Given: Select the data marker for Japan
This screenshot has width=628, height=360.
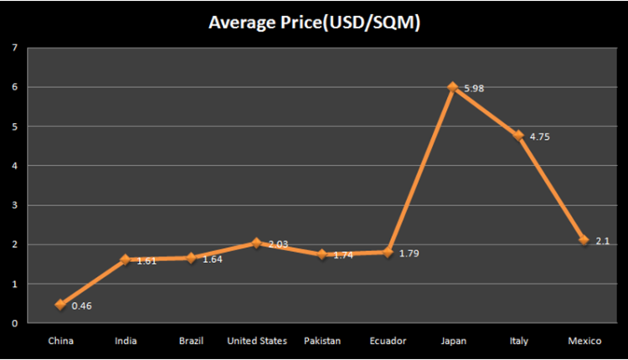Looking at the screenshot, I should (453, 87).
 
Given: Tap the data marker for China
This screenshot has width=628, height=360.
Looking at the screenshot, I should (60, 305).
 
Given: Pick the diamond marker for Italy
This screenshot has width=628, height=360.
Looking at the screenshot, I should (518, 136).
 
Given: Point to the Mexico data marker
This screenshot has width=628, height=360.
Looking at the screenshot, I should (584, 240).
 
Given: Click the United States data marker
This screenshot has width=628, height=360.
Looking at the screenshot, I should (256, 243).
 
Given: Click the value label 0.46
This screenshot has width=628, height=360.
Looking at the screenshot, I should (81, 306).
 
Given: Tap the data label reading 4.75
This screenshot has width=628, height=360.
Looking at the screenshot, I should (541, 136).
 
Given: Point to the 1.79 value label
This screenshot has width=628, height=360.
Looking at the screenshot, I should (409, 253).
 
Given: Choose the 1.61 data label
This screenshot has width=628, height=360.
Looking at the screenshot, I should (147, 261).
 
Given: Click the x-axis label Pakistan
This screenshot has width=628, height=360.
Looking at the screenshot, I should (322, 341).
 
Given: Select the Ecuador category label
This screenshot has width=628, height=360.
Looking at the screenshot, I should (388, 341).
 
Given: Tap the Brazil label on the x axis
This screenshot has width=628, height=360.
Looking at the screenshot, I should (192, 341).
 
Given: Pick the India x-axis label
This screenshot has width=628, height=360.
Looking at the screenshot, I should (126, 341).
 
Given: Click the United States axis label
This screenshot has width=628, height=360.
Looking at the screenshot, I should (257, 341).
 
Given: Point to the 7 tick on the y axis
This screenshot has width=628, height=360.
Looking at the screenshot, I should (15, 48).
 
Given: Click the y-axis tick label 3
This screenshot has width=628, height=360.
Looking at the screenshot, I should (15, 205).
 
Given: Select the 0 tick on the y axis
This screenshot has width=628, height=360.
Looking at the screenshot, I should (15, 323).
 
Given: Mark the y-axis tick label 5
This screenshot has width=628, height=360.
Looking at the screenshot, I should (15, 126).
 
